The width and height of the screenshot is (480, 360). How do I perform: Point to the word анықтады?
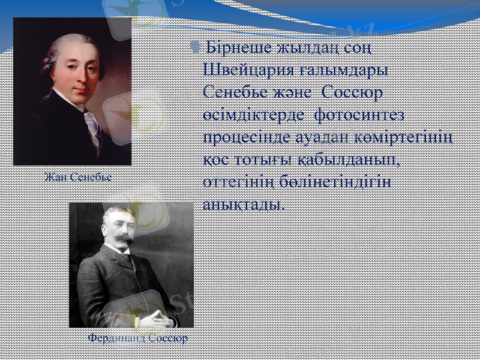point(242,204)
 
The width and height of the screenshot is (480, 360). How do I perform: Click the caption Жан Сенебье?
point(77,178)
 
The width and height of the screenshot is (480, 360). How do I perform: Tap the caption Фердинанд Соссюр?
point(137,338)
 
